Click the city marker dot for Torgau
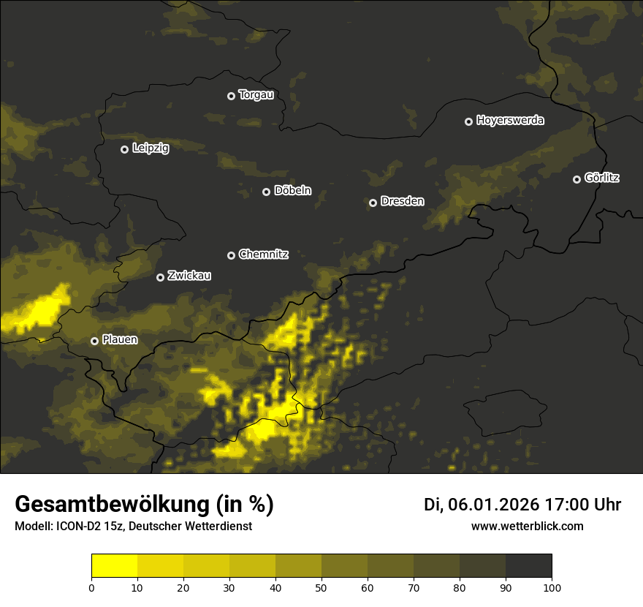(x=231, y=96)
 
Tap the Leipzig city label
(x=151, y=148)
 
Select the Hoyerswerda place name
(x=510, y=121)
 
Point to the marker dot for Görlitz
(x=577, y=179)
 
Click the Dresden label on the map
(x=402, y=201)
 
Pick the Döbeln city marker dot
(x=266, y=192)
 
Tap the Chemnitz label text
(x=263, y=255)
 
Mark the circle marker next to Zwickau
(x=160, y=277)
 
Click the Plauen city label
(x=120, y=340)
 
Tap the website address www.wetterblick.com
(x=527, y=526)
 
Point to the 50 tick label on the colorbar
(x=321, y=587)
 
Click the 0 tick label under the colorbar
(x=91, y=587)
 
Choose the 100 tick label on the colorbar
(x=552, y=587)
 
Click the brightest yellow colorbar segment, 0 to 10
(x=114, y=565)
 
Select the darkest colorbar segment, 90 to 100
(x=528, y=565)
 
